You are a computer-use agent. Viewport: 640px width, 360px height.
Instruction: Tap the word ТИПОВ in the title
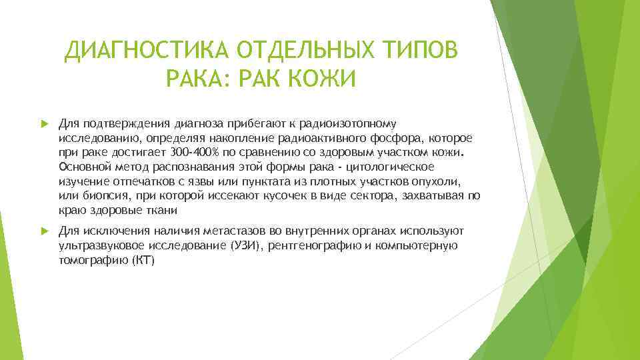click(x=425, y=51)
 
